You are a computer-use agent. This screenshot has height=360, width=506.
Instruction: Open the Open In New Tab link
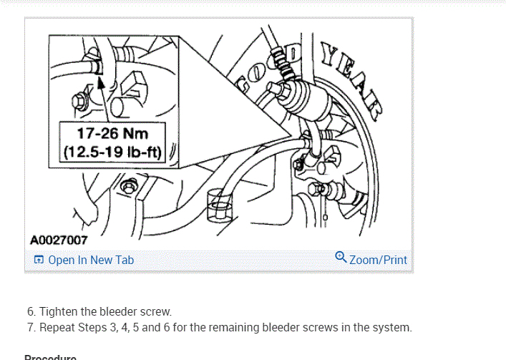tap(91, 260)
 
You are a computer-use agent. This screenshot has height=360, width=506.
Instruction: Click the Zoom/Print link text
tap(378, 260)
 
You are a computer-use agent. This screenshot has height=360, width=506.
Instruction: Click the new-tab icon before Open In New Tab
tap(39, 260)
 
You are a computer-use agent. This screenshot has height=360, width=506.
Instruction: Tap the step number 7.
tap(31, 328)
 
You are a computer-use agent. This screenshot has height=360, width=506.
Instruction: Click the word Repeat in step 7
tap(57, 328)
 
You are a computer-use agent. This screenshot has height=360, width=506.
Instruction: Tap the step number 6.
tap(31, 311)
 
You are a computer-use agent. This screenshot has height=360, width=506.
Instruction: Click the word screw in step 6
tap(155, 311)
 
